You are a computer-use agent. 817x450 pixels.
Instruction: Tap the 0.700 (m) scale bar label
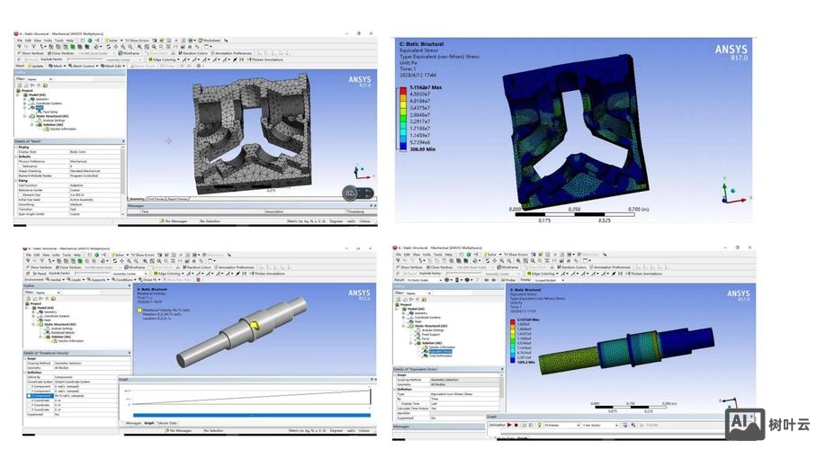tap(637, 209)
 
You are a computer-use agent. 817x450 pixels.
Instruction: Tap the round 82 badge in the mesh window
tap(351, 193)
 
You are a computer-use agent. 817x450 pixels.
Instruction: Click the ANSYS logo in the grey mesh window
tap(358, 81)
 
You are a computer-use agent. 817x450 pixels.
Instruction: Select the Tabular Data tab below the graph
tap(166, 422)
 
